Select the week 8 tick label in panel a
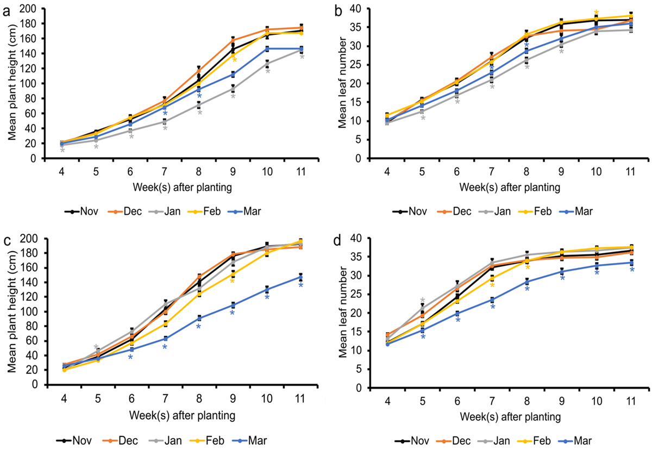point(199,170)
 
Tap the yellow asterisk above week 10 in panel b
point(597,13)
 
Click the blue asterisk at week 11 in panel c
point(301,285)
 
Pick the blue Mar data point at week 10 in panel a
point(267,49)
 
